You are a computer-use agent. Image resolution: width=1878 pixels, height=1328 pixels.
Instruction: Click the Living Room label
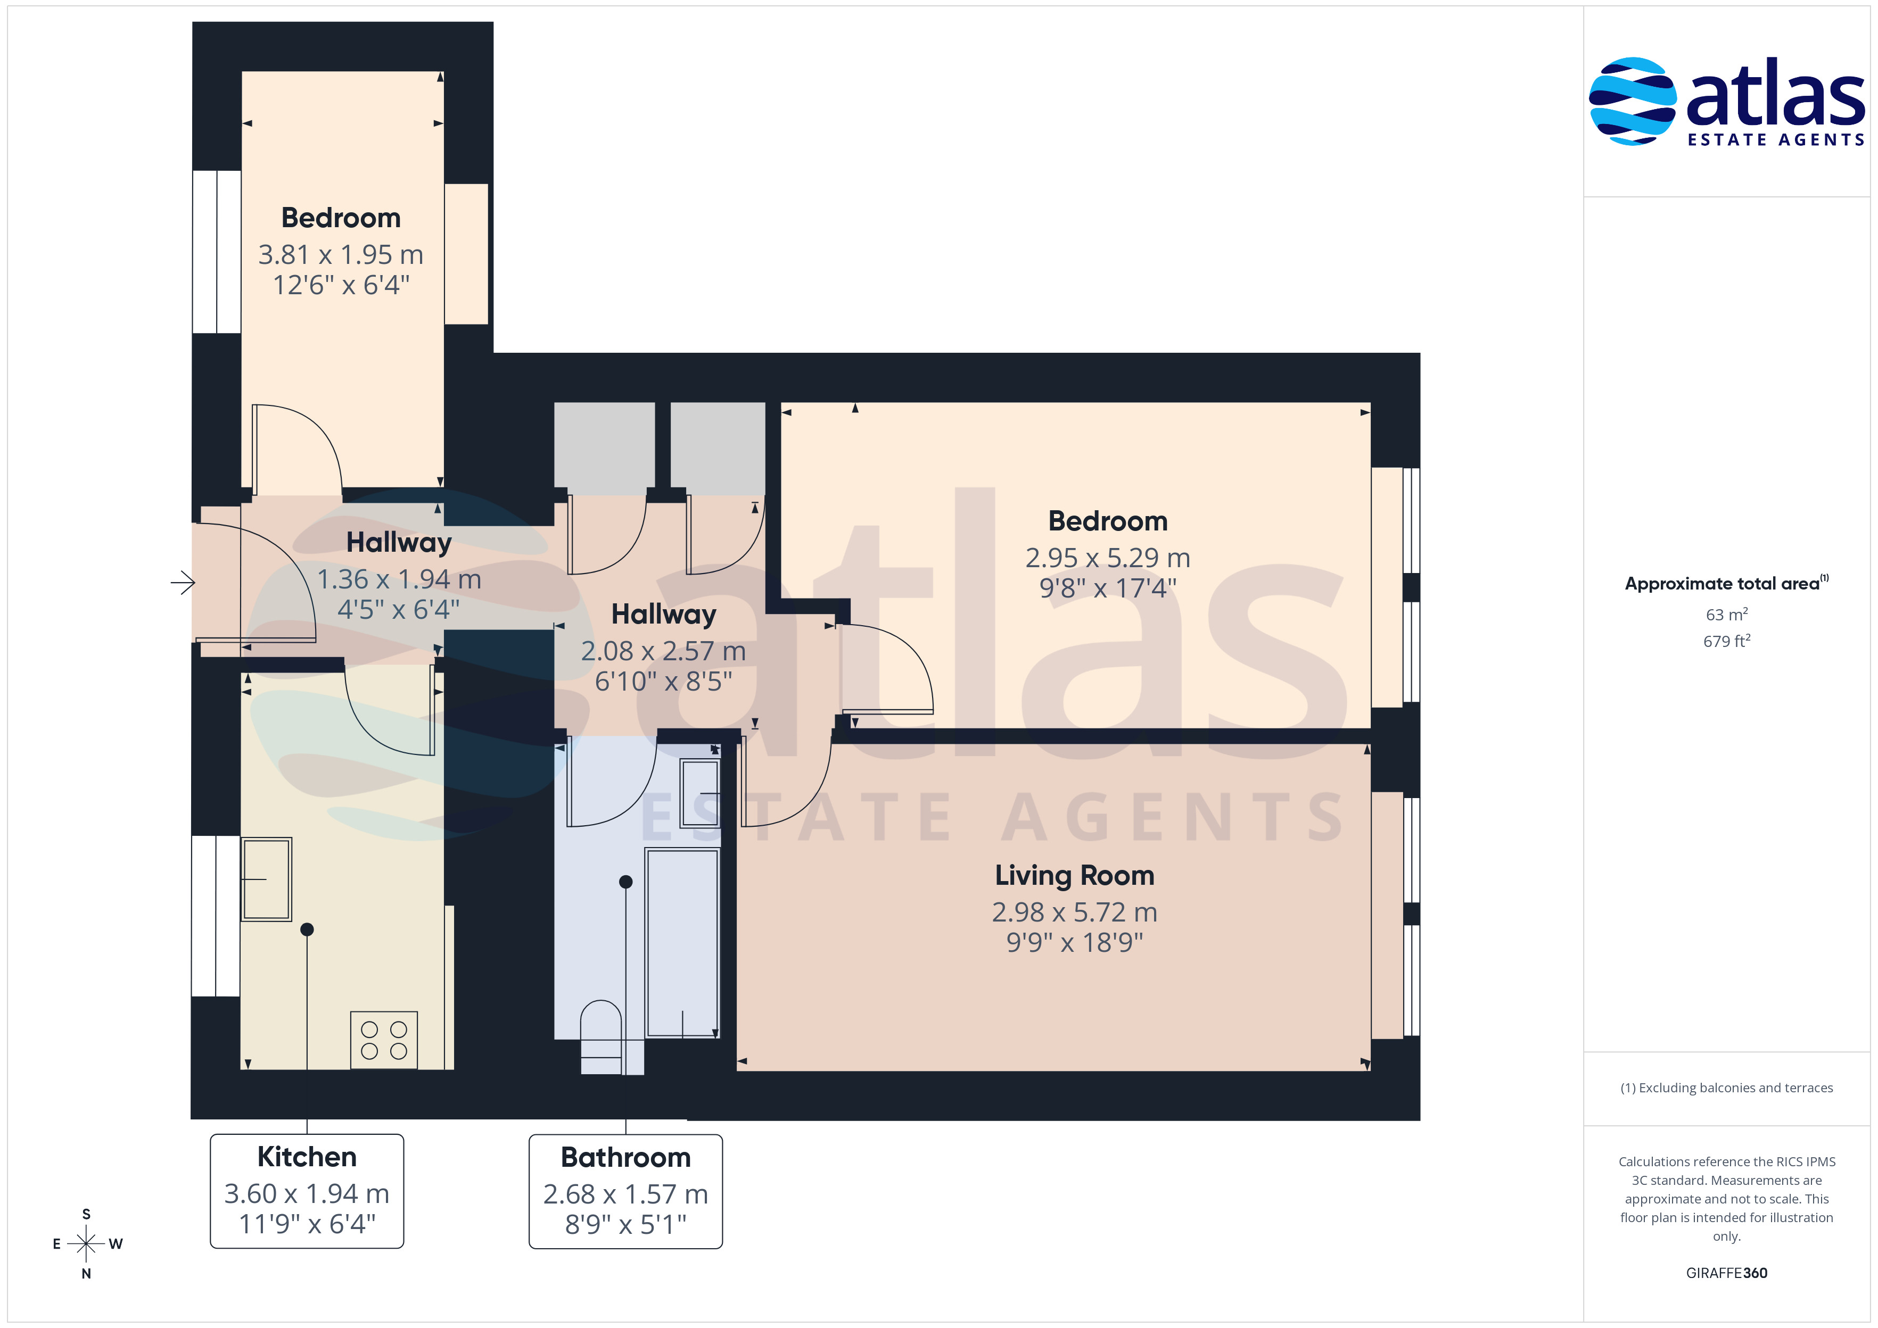pos(1074,876)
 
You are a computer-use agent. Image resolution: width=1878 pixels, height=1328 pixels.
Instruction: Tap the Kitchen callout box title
pos(307,1157)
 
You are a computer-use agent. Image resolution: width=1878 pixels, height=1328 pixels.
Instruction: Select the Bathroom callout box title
pos(625,1158)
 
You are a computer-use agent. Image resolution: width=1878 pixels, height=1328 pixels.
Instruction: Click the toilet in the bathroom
pos(601,1037)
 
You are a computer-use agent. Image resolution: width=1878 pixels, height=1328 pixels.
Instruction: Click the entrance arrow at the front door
pos(183,583)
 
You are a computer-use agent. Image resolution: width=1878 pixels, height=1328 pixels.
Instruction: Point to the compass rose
pos(86,1244)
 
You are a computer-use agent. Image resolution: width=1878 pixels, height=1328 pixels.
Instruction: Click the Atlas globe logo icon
pos(1632,102)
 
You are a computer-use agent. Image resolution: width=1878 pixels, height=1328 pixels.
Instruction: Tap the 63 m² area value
pos(1727,614)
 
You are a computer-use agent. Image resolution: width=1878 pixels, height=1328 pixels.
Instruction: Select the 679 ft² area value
pos(1727,641)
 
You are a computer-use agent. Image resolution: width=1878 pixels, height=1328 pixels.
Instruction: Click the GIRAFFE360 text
pos(1727,1273)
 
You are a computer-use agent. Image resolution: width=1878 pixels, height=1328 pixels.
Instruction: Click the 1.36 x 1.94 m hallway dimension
pos(399,580)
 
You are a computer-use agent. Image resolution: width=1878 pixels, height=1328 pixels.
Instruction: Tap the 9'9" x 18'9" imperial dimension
pos(1074,943)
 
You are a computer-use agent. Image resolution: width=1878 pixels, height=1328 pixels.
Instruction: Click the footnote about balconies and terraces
pos(1727,1088)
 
